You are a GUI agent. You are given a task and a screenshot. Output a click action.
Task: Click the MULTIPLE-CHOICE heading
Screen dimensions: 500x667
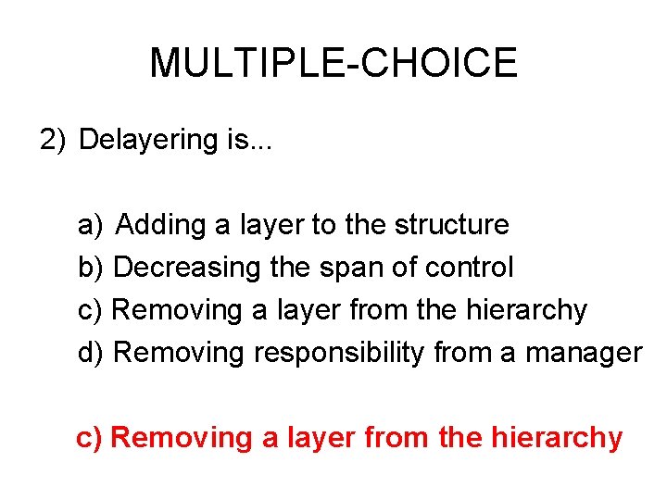tap(333, 63)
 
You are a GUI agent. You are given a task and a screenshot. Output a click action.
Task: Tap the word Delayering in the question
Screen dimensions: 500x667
tap(148, 140)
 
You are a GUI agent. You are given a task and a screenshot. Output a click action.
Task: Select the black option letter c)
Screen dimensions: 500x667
tap(91, 310)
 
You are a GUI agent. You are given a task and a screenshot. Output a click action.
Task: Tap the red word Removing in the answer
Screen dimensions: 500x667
tap(180, 437)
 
